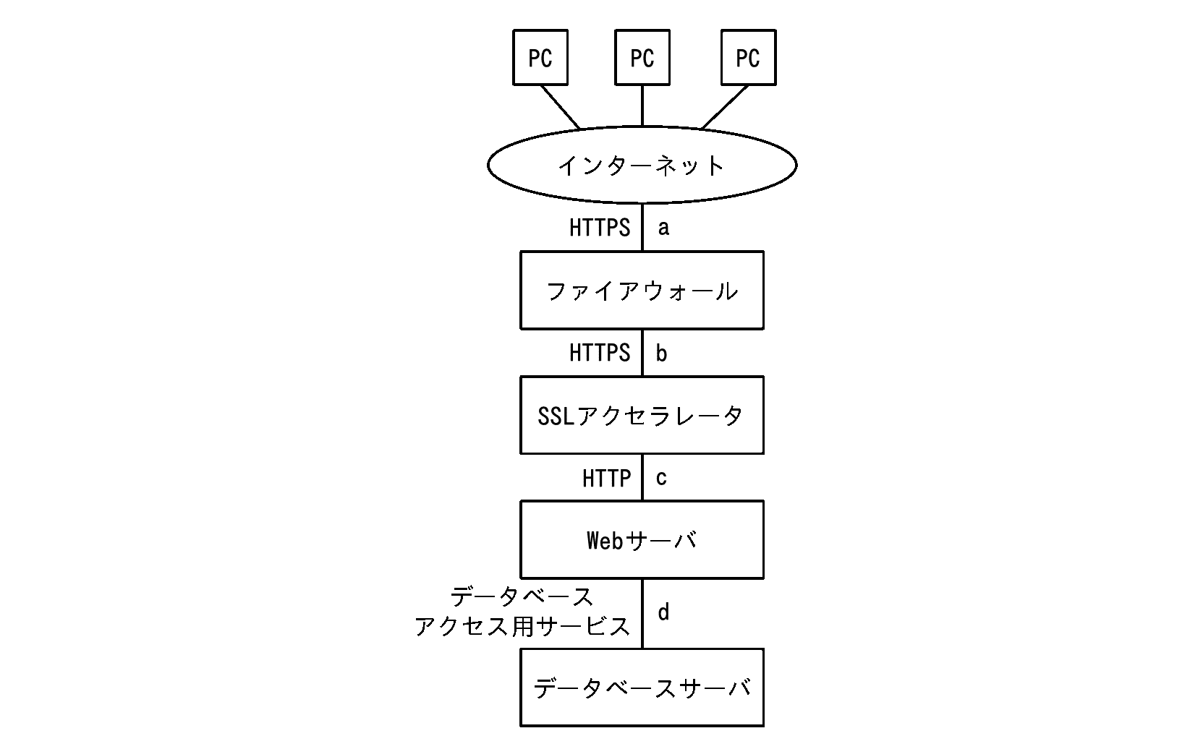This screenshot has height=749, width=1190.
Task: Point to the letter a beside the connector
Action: coord(663,228)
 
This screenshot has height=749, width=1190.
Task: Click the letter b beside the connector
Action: coord(661,353)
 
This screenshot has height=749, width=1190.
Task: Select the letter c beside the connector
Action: coord(661,478)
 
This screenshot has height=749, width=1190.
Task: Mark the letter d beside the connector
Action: coord(663,612)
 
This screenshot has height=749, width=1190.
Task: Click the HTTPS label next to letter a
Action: coord(600,228)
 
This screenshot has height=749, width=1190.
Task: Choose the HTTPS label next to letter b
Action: coord(600,353)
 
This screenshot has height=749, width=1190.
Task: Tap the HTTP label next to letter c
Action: coord(607,479)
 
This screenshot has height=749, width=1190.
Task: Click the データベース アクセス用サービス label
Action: coord(523,612)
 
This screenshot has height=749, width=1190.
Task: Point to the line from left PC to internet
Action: coord(561,107)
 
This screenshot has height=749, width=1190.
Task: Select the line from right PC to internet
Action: coord(725,107)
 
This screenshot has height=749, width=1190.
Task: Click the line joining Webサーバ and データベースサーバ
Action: coord(642,614)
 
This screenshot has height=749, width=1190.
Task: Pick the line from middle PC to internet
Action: coord(642,106)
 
